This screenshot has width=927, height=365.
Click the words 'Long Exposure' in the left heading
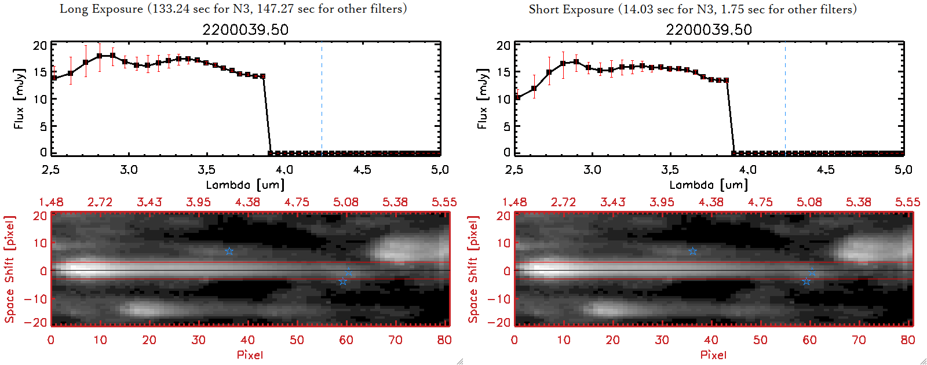point(101,9)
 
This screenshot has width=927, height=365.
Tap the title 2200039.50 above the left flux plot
point(245,30)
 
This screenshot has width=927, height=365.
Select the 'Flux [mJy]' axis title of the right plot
point(482,98)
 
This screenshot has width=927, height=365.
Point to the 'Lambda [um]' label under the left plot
point(245,185)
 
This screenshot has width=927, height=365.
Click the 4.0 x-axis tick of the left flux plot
point(284,170)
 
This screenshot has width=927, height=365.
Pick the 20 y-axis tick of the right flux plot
point(503,45)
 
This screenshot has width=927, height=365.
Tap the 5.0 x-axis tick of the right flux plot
point(903,170)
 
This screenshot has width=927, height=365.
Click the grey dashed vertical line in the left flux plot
point(322,98)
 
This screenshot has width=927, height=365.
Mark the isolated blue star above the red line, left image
point(229,251)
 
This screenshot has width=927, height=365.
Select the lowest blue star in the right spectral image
point(806,282)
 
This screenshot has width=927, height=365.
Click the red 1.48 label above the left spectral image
point(51,202)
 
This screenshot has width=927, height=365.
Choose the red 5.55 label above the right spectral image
point(907,202)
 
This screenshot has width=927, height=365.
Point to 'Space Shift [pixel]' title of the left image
point(9,269)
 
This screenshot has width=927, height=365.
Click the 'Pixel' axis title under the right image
point(713,355)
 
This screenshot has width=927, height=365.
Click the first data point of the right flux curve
point(517,97)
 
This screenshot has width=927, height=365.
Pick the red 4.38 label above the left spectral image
point(247,202)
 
